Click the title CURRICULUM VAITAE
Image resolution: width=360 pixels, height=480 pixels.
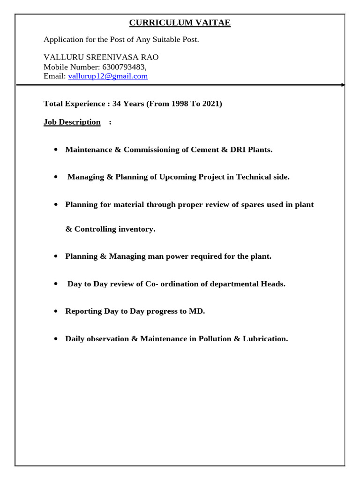(180, 22)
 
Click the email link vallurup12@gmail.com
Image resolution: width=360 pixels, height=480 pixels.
(108, 76)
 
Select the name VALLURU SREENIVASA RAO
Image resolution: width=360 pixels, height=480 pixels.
(101, 57)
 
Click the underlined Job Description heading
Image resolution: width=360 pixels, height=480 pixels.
(72, 122)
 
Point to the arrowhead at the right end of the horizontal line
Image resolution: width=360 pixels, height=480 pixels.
(343, 85)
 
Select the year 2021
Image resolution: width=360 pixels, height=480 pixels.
(211, 104)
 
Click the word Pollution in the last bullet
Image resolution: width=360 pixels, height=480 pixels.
(215, 338)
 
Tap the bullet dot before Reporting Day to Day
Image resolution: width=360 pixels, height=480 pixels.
(56, 311)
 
